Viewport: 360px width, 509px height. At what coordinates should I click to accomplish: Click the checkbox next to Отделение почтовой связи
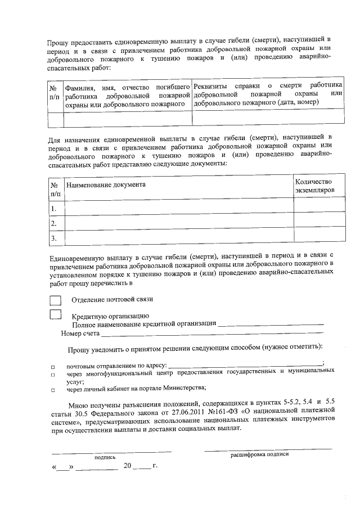point(55,300)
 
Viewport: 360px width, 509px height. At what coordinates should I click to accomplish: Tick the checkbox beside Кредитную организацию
point(55,314)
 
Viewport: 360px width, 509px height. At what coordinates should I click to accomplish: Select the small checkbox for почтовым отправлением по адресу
point(52,366)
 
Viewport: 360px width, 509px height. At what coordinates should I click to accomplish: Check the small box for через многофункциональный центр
point(52,374)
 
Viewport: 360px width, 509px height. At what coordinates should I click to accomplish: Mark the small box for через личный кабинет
point(52,389)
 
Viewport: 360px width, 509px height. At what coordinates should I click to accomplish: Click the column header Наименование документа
point(106,184)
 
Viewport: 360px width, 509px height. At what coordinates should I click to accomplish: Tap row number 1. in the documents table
point(54,209)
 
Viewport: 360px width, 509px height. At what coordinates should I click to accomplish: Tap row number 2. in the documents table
point(54,224)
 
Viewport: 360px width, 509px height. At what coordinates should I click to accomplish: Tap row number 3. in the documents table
point(54,239)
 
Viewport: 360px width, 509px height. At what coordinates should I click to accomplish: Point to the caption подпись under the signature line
point(105,457)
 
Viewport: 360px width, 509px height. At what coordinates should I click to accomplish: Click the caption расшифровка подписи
point(259,454)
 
